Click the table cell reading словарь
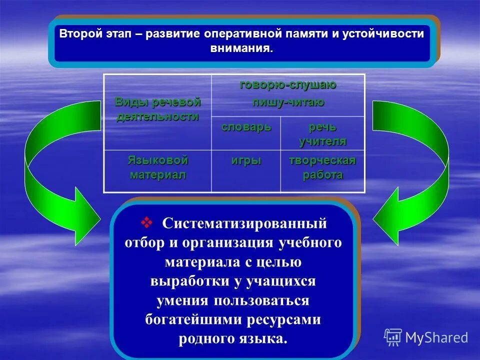[x=246, y=127]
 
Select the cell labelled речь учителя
[x=322, y=133]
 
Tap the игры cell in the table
[x=246, y=161]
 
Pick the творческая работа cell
[x=322, y=167]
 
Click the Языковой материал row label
[x=157, y=167]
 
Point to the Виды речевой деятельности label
[x=157, y=109]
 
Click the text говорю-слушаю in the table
[x=287, y=85]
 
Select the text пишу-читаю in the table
[x=287, y=102]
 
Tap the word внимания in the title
[x=241, y=49]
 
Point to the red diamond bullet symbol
[x=147, y=221]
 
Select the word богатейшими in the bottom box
[x=187, y=319]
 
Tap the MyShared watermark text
[x=436, y=338]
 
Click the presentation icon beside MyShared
[x=393, y=337]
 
